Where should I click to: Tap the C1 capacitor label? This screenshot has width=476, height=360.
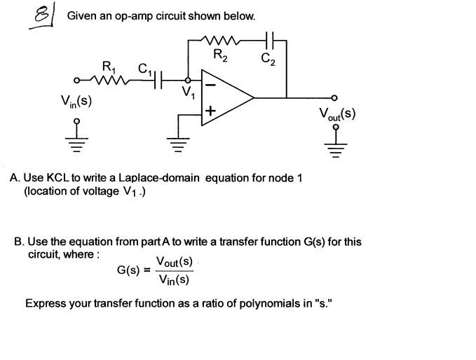144,69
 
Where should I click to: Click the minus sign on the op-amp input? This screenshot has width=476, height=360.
210,83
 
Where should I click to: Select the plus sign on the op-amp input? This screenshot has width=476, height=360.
210,111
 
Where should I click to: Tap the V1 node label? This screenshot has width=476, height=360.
187,94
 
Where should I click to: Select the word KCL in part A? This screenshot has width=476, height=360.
59,178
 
